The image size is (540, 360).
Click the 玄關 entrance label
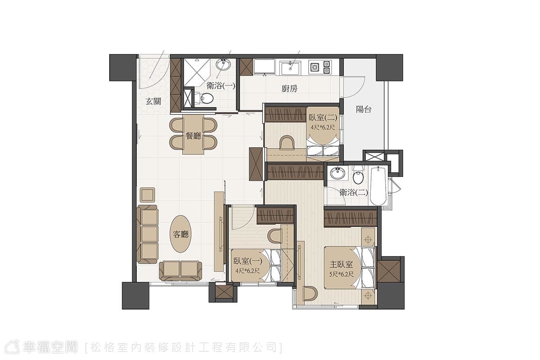(x=153, y=102)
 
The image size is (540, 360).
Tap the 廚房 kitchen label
(x=289, y=89)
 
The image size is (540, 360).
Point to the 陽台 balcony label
(x=364, y=110)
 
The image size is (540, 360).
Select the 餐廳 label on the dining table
(x=193, y=136)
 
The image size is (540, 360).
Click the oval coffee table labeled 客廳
(x=181, y=234)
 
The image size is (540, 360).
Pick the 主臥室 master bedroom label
(x=341, y=264)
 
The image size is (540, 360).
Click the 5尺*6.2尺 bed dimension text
(x=341, y=274)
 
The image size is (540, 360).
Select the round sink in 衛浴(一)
(x=223, y=64)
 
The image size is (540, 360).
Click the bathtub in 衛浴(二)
(x=378, y=186)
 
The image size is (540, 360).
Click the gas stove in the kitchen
(x=320, y=67)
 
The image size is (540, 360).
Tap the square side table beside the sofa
(x=148, y=195)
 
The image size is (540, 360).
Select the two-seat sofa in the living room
(x=181, y=270)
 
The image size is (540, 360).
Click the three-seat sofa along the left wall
(x=147, y=234)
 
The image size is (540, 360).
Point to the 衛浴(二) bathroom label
(x=354, y=193)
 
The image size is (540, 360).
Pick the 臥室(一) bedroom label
(x=248, y=261)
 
